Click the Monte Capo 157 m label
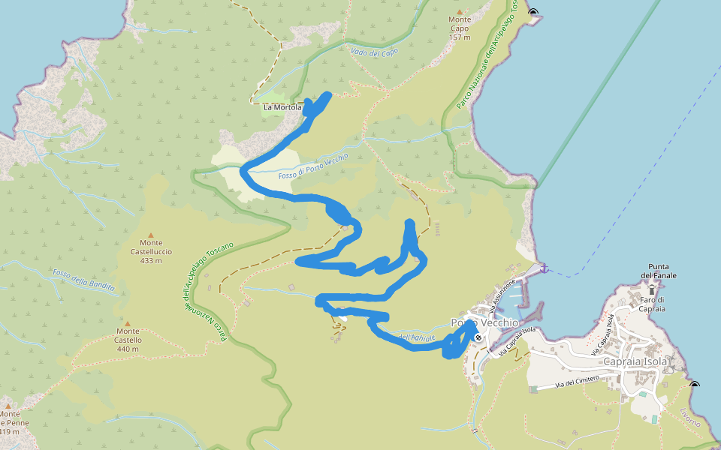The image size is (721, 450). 460,28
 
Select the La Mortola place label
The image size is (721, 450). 282,107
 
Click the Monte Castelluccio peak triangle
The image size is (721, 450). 151,235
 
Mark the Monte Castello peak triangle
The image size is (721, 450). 128,323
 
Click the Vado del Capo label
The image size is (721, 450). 374,52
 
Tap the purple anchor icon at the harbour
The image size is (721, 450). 544,268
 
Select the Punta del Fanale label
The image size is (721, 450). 659,271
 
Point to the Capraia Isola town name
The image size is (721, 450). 635,361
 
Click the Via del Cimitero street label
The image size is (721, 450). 577,382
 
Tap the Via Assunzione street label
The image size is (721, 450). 502,295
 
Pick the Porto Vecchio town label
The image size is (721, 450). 484,322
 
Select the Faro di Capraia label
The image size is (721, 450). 651,304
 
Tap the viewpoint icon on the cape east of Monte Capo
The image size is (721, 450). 533,12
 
